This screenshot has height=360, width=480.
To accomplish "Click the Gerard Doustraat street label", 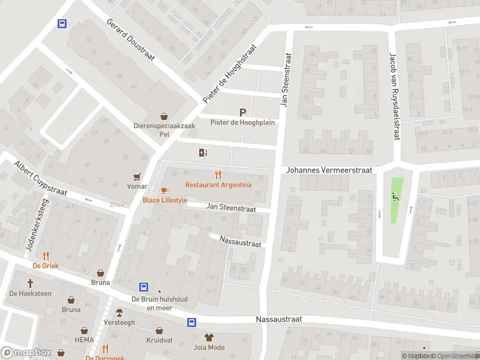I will click(x=131, y=40).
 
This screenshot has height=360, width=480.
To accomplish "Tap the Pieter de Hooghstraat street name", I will click(x=230, y=73).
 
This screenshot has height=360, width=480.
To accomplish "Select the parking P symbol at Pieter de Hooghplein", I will click(x=242, y=112).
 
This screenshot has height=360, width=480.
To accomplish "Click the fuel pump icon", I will click(x=203, y=152).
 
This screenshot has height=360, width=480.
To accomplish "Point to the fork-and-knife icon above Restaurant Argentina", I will click(x=218, y=175).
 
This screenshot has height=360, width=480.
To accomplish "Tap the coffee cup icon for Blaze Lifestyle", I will click(x=164, y=190).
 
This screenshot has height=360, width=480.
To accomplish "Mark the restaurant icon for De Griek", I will click(x=46, y=255).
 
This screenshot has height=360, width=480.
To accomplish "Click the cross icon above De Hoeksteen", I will click(x=30, y=283).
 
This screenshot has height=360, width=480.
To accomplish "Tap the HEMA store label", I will click(x=84, y=339).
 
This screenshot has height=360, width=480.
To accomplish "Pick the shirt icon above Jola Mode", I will click(x=209, y=337).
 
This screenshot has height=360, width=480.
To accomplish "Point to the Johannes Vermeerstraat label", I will click(x=329, y=170).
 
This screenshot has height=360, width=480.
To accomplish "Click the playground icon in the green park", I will click(x=394, y=196).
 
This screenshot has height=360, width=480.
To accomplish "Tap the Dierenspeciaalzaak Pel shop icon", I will click(x=164, y=116).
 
